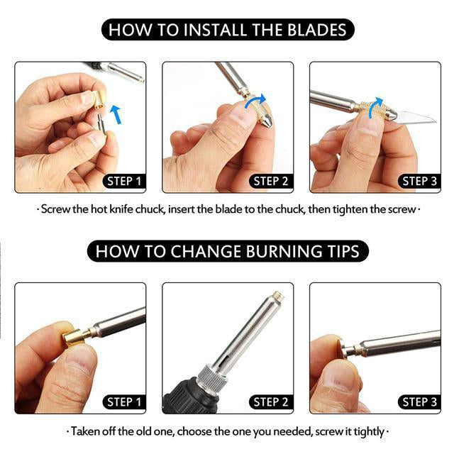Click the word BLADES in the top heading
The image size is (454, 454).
pos(317,30)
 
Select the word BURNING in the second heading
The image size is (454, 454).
pos(284,251)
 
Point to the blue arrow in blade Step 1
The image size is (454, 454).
pos(116,114)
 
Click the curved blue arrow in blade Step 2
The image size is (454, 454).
pos(255,101)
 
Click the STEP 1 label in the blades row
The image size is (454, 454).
pos(124,182)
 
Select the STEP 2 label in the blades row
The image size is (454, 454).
pos(271,182)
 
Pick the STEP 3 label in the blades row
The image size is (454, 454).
pos(419,182)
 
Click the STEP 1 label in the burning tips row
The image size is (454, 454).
pos(124,402)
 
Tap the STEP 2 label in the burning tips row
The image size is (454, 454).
pos(271,402)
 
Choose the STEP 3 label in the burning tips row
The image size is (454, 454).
pos(419,402)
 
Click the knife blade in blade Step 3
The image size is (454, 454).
pos(416,116)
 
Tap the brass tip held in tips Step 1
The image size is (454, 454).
pos(73,338)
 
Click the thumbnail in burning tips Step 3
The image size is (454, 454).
pos(338,379)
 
